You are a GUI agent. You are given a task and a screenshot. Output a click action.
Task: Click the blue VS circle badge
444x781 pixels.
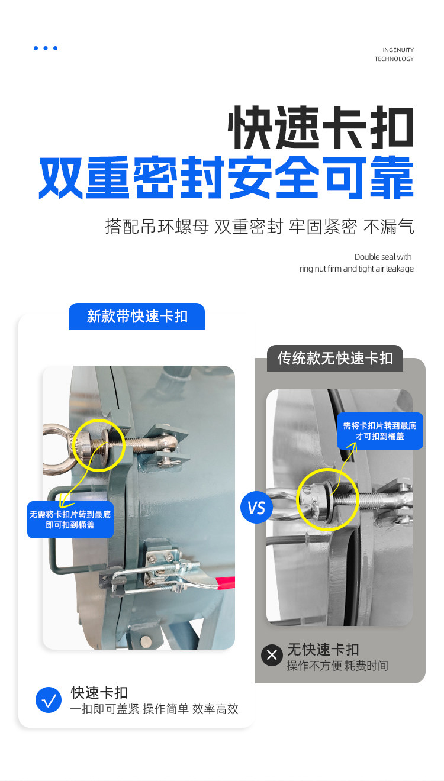[256, 507]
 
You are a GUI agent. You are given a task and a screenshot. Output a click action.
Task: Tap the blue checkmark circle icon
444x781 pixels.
[49, 700]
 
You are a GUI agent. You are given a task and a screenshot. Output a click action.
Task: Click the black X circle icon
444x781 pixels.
[272, 656]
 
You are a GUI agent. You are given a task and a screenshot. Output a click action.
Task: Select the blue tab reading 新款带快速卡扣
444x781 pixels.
[137, 316]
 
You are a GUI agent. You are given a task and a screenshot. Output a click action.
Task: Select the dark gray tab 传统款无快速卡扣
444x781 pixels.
[335, 359]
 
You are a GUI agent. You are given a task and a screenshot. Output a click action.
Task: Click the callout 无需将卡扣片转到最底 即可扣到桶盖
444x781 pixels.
[70, 519]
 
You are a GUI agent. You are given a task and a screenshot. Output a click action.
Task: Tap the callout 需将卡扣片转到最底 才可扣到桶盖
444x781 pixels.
[380, 431]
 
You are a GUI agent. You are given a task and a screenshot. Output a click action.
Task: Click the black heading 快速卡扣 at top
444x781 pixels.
[320, 127]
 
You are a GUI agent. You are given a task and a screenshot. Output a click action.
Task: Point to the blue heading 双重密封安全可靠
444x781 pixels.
[226, 177]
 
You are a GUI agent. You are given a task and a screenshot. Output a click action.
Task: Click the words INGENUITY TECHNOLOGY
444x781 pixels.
[394, 54]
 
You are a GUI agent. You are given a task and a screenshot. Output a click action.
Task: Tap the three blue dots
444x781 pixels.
[46, 48]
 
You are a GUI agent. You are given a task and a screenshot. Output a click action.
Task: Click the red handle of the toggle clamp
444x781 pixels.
[226, 583]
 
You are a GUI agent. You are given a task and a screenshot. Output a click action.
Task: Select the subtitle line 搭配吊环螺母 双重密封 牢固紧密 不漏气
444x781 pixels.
[259, 227]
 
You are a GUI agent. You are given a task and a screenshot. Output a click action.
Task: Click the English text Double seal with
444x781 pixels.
[383, 257]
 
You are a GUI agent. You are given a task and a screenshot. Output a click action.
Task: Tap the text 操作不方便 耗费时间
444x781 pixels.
[337, 666]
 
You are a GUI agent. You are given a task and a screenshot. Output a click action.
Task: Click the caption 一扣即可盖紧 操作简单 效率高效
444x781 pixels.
[154, 709]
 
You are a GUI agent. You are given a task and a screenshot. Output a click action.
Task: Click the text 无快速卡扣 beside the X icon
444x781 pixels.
[323, 649]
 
